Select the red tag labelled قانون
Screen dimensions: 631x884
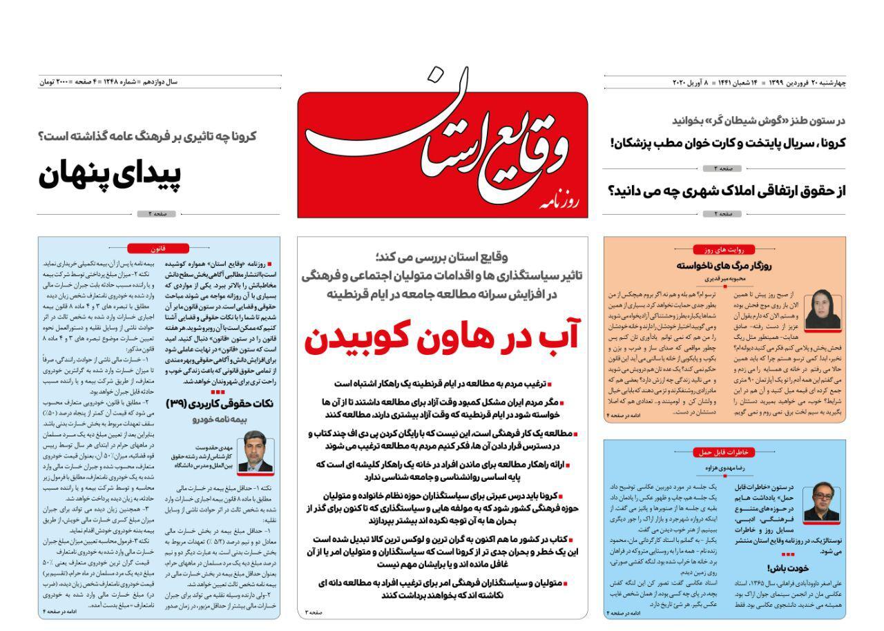point(158,249)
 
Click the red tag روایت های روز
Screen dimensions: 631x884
point(723,249)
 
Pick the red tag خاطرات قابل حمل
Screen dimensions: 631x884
point(723,452)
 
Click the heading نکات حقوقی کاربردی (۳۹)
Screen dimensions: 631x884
point(220,403)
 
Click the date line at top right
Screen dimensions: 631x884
point(759,83)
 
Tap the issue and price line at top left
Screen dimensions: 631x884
point(108,82)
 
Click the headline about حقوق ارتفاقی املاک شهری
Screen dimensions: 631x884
point(727,191)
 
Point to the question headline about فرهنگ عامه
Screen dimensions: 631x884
point(147,136)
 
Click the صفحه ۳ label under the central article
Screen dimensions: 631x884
point(314,612)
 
